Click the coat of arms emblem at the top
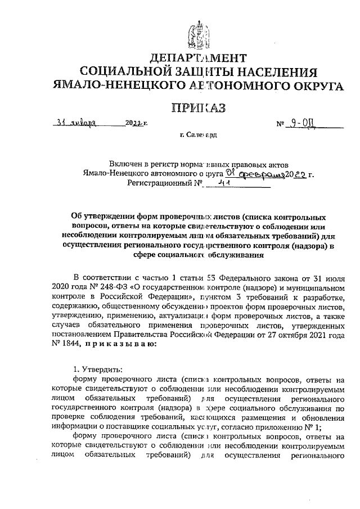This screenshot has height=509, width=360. pyautogui.click(x=197, y=30)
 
